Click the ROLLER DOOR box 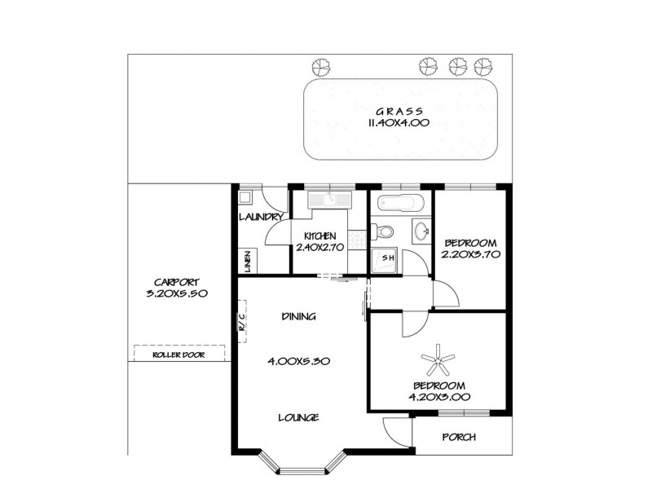(178, 355)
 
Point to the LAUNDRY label (261, 218)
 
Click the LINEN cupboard (247, 260)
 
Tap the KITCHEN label (319, 236)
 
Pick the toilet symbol (385, 230)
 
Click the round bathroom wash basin (421, 231)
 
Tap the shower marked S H (387, 258)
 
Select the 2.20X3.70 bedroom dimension (469, 254)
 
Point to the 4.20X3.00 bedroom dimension (438, 397)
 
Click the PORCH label (458, 437)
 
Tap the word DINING (298, 316)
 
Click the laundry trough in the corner (245, 197)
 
